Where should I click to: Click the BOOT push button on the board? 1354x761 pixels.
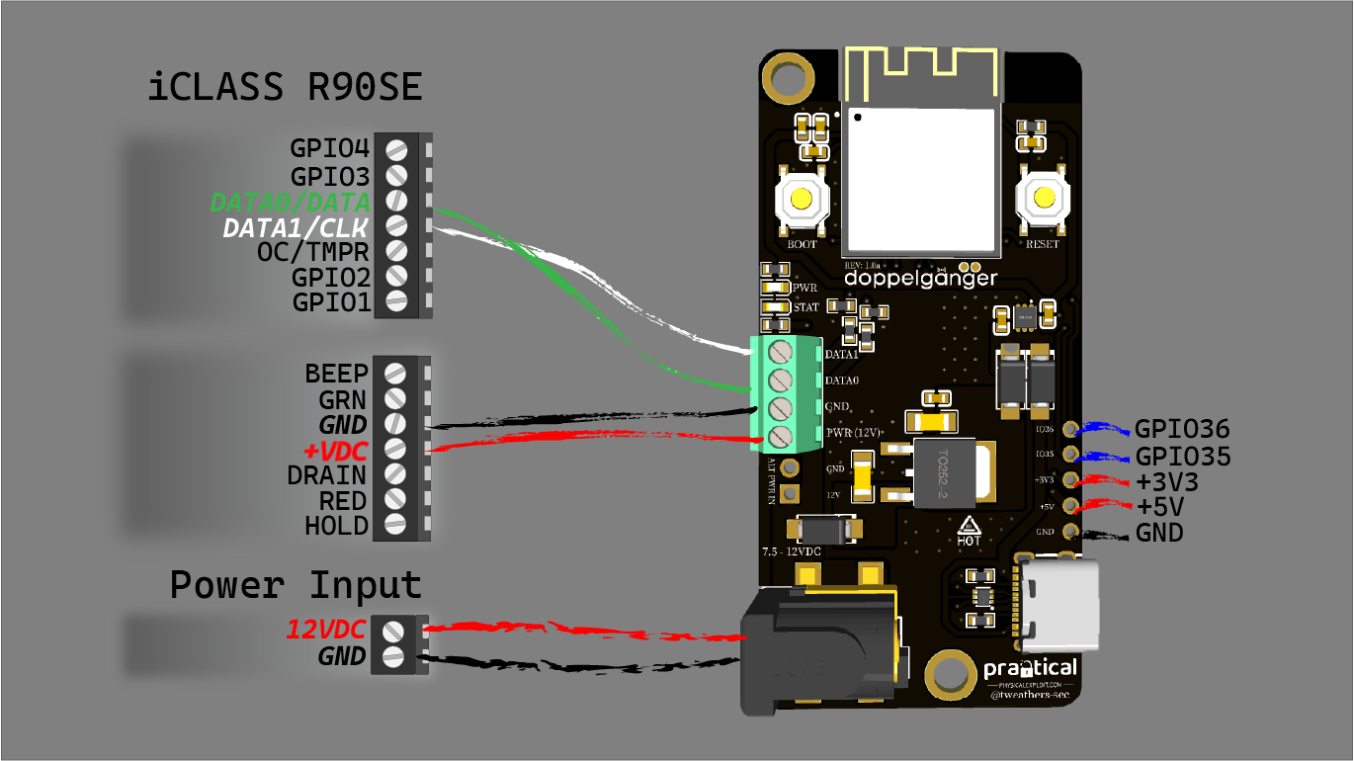coord(801,202)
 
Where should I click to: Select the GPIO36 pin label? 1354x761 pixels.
coord(1182,430)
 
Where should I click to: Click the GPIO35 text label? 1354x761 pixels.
coord(1182,457)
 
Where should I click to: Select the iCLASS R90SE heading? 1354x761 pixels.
coord(286,88)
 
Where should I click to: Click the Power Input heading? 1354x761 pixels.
coord(296,584)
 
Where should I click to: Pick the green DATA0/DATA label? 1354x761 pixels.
coord(291,203)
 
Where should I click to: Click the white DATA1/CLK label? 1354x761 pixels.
coord(296,228)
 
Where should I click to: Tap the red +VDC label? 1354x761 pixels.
coord(336,450)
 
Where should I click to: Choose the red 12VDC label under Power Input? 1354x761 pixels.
coord(327,629)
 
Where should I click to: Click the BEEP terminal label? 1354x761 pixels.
coord(336,374)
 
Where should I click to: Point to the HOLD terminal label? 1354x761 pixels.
coord(336,525)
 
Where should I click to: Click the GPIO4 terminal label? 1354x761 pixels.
coord(330,149)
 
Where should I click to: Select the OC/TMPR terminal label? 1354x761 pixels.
coord(313,253)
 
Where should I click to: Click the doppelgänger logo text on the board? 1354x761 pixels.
coord(920,279)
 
